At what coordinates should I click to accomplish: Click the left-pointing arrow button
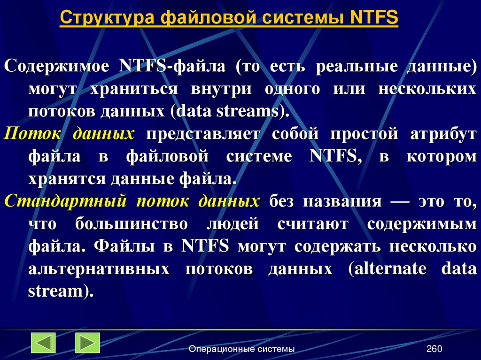pos(43,343)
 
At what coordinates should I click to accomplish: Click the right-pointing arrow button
pos(87,343)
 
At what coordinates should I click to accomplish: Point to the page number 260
pos(434,349)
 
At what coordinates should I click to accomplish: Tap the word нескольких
pos(427,89)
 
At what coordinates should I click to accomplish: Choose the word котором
pos(441,156)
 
